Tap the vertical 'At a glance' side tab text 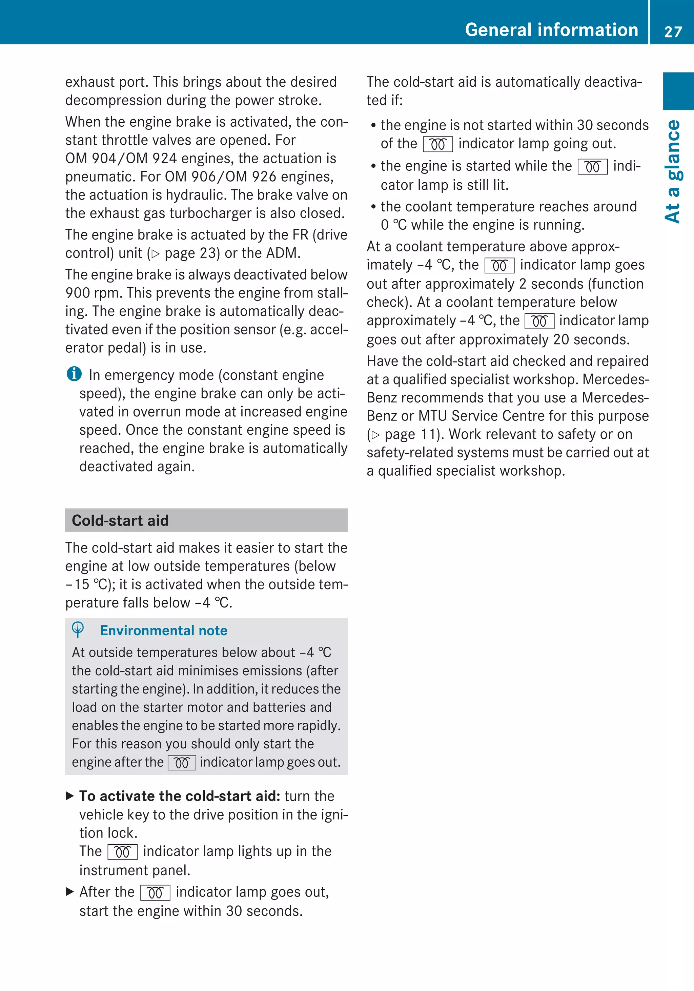pyautogui.click(x=673, y=171)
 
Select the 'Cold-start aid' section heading pyautogui.click(x=120, y=520)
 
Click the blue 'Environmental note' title pyautogui.click(x=164, y=631)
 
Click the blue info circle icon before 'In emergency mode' pyautogui.click(x=74, y=374)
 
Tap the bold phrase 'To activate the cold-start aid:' pyautogui.click(x=180, y=796)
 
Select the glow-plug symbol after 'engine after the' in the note pyautogui.click(x=182, y=763)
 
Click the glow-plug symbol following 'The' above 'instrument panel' pyautogui.click(x=123, y=852)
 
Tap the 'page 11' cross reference pyautogui.click(x=405, y=434)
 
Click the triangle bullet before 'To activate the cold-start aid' pyautogui.click(x=70, y=796)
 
